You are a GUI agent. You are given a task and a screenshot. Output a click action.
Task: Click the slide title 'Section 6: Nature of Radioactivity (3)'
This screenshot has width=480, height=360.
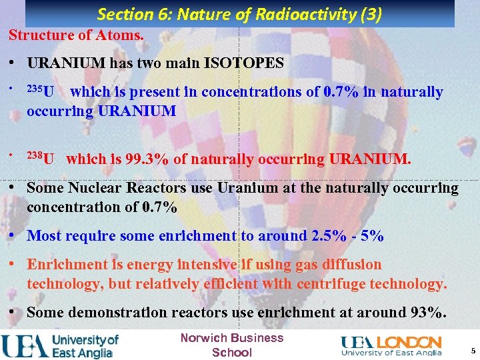(239, 14)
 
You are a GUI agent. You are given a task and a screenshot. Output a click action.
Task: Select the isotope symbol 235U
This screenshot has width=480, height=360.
(41, 91)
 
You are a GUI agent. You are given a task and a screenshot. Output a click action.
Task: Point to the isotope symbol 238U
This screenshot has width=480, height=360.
(41, 159)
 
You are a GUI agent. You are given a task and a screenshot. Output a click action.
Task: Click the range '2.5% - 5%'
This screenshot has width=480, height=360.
(347, 236)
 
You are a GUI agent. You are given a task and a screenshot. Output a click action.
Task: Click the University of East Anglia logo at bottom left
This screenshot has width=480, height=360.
(60, 345)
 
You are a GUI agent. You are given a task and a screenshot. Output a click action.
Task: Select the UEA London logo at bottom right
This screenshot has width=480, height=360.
(391, 345)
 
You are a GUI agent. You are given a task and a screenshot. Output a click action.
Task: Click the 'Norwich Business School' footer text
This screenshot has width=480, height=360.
(232, 345)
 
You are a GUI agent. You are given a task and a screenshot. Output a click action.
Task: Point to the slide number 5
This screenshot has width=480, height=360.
(473, 351)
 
